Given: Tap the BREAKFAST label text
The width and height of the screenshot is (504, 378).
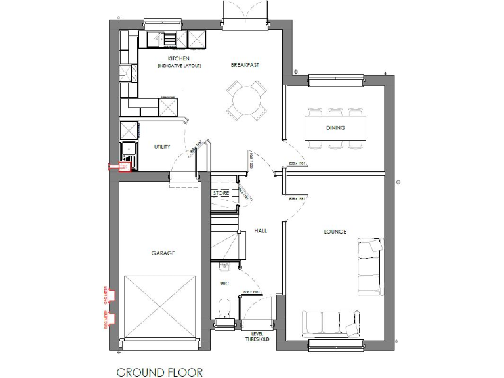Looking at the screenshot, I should tap(245, 65).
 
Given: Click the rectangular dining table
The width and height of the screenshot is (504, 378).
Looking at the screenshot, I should tap(335, 127).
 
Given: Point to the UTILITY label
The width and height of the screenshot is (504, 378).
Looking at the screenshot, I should tap(162, 147).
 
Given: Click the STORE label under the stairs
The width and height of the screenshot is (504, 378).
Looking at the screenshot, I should tap(221, 194).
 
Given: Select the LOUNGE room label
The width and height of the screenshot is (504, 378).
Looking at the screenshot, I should tap(335, 231).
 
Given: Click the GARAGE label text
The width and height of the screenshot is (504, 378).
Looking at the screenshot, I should tap(163, 253).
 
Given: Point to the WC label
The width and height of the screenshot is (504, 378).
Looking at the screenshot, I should tap(225, 284).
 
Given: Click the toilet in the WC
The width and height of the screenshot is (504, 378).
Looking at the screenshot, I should tap(225, 306).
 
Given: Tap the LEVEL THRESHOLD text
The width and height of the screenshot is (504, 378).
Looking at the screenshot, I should tap(257, 337).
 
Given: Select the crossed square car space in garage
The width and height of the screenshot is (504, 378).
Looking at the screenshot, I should tap(160, 306).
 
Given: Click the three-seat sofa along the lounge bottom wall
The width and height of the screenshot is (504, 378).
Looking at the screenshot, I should tap(329, 323).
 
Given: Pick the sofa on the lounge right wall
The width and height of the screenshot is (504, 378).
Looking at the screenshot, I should tap(369, 266).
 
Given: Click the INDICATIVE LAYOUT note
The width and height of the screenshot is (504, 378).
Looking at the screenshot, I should tap(179, 66).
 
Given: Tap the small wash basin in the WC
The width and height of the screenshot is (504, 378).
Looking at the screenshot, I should tap(225, 266).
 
